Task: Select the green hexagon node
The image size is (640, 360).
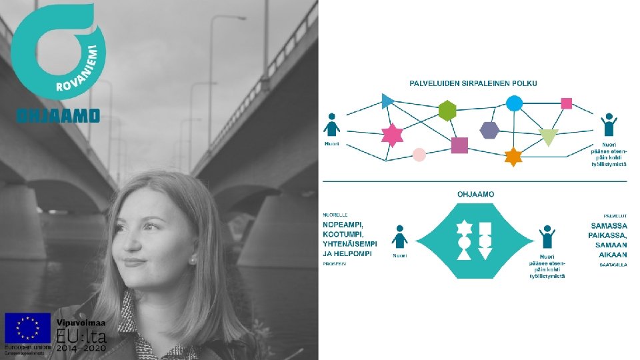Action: pyautogui.click(x=447, y=111)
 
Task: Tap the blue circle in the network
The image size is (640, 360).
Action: pyautogui.click(x=514, y=103)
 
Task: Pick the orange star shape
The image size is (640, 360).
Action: pyautogui.click(x=513, y=157)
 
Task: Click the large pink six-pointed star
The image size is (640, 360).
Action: pyautogui.click(x=392, y=135)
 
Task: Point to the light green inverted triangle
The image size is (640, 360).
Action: pyautogui.click(x=549, y=137)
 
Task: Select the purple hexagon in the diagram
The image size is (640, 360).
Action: pyautogui.click(x=489, y=130)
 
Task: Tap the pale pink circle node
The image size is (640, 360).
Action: pyautogui.click(x=419, y=155)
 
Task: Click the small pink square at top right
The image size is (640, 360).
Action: pyautogui.click(x=567, y=103)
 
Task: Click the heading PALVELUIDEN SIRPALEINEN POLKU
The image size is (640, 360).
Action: pyautogui.click(x=473, y=83)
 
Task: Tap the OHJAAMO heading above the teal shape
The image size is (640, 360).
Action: pyautogui.click(x=475, y=194)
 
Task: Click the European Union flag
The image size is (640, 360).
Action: pyautogui.click(x=28, y=328)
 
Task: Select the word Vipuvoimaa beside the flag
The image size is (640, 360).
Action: pyautogui.click(x=80, y=321)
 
